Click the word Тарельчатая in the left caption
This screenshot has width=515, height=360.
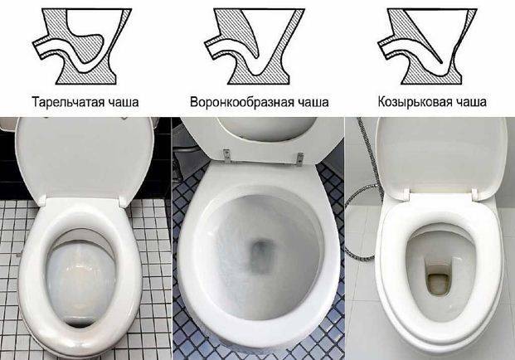click(x=64, y=102)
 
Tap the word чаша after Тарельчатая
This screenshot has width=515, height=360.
click(x=119, y=102)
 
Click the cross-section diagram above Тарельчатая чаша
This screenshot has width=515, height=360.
click(x=82, y=46)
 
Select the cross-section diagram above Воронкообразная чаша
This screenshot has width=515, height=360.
click(x=255, y=46)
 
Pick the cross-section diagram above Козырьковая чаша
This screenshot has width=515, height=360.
click(x=427, y=46)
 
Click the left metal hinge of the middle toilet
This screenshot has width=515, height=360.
click(x=226, y=156)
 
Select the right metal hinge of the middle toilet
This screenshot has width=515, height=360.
click(x=299, y=158)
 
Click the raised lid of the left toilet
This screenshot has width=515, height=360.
click(x=85, y=158)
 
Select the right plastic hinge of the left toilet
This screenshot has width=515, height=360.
click(x=124, y=201)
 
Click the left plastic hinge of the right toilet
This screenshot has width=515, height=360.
click(x=405, y=194)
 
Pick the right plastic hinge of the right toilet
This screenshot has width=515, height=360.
click(x=475, y=194)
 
